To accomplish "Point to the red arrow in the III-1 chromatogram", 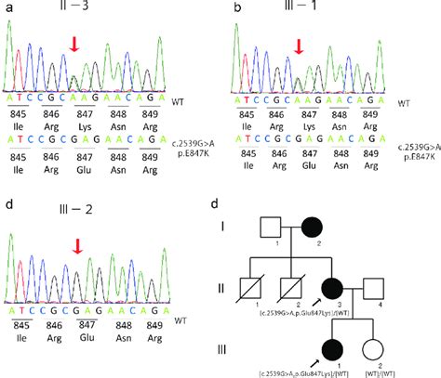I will click(x=297, y=46).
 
